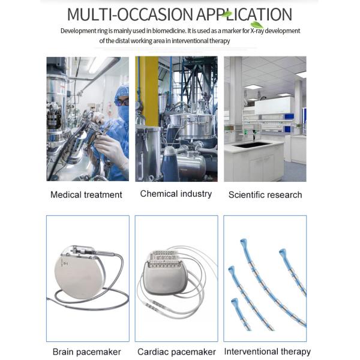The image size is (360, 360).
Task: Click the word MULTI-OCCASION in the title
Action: point(130,14)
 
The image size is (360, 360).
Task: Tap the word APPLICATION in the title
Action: point(244,14)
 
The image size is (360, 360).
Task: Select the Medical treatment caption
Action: point(86,194)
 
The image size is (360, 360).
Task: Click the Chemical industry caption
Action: point(176,194)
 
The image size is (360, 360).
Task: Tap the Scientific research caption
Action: point(265,194)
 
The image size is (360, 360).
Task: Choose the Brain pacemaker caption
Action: point(86,352)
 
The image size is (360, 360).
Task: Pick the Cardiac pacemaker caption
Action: point(176,352)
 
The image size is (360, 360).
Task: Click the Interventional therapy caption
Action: point(267,352)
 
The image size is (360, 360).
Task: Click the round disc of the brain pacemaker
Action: point(79,277)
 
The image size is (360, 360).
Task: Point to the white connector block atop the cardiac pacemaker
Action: point(164,259)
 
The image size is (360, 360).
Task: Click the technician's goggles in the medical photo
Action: point(122,102)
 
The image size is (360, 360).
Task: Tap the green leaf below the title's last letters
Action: point(257,25)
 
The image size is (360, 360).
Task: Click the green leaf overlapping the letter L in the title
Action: point(227,14)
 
